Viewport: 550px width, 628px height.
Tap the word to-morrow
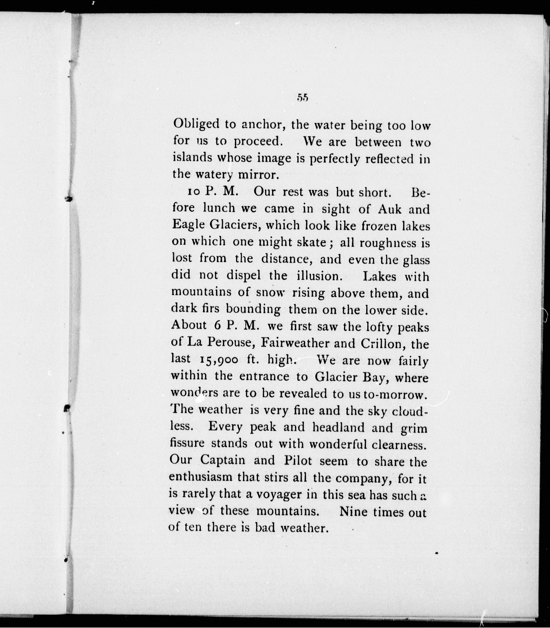(x=395, y=394)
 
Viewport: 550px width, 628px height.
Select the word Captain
(x=222, y=460)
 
